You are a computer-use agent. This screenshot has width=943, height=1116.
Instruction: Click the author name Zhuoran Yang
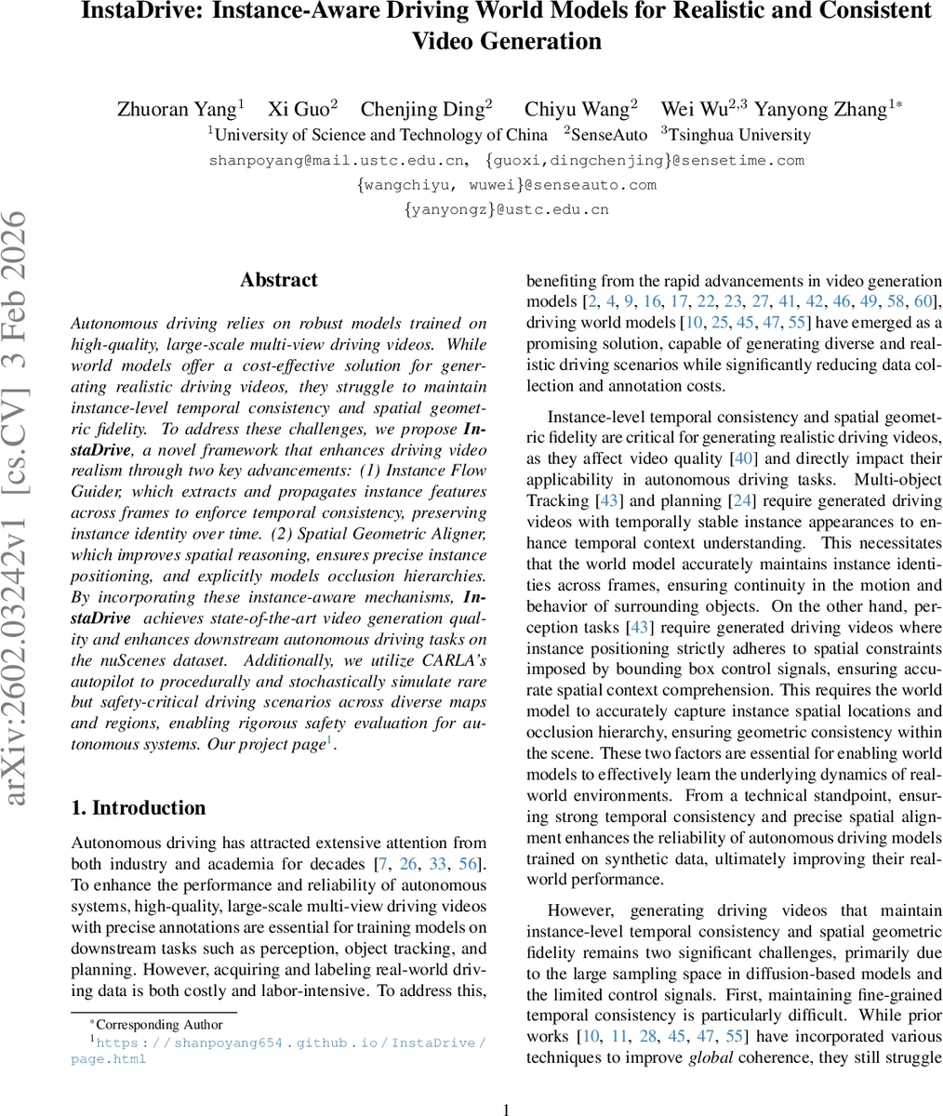tap(176, 109)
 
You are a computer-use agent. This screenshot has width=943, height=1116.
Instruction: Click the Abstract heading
tap(278, 280)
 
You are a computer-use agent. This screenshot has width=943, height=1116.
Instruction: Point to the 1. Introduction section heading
tap(139, 807)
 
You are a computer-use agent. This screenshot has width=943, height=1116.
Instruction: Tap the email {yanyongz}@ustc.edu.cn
tap(506, 209)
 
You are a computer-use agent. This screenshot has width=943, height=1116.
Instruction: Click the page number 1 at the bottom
tap(506, 1109)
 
